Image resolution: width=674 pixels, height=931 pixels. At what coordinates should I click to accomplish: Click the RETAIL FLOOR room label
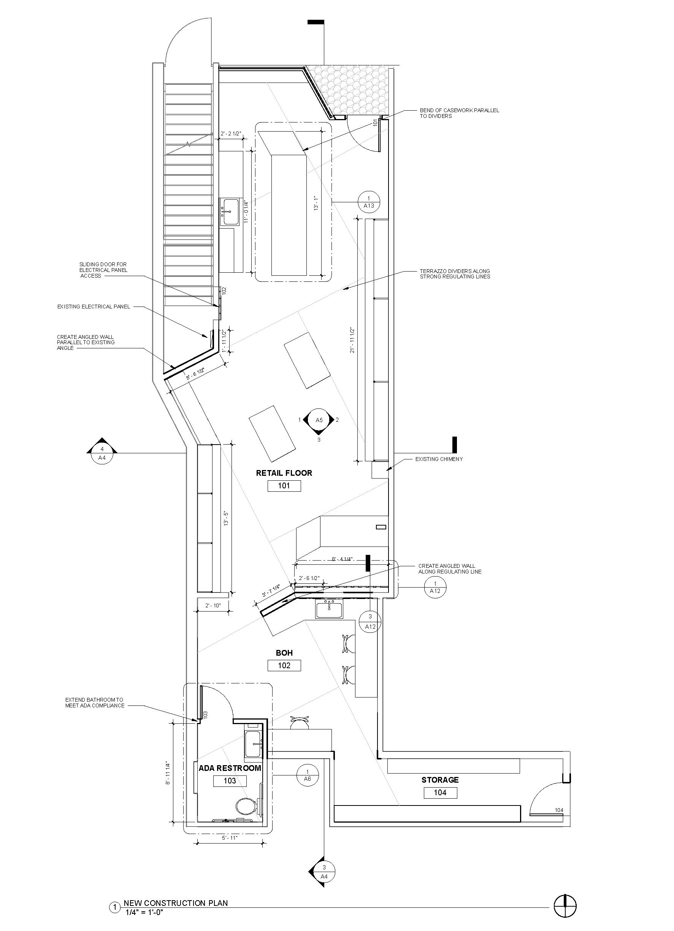284,473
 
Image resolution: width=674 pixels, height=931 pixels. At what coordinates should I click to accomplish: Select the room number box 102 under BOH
284,666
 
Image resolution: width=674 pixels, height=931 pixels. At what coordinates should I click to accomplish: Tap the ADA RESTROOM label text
230,768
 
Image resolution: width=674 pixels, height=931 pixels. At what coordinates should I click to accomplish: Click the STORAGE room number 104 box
440,793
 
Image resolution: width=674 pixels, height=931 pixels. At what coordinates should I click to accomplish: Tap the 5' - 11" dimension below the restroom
230,838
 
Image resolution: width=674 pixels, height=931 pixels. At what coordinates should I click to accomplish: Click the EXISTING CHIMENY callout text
439,459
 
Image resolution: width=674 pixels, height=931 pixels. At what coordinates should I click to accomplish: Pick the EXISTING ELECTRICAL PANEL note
94,307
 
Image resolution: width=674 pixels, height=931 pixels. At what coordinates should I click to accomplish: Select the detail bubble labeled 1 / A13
368,202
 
